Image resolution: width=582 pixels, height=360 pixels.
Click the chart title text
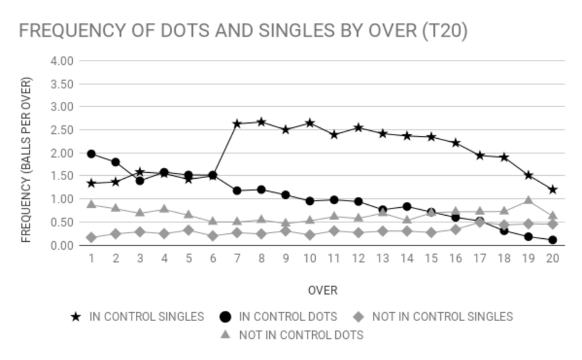(243, 31)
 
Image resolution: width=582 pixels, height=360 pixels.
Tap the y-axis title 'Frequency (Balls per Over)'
(26, 159)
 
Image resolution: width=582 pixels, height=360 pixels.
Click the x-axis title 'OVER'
(323, 290)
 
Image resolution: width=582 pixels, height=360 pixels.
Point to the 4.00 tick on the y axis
(62, 61)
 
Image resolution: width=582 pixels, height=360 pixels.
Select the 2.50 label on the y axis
(62, 130)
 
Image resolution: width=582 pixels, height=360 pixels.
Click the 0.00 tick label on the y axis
(62, 245)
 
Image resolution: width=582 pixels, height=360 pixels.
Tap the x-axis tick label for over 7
(237, 258)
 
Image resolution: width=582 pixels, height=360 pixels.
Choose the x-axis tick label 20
(552, 258)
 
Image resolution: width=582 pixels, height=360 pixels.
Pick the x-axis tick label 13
(383, 258)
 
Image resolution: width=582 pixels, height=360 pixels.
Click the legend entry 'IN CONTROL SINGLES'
(138, 316)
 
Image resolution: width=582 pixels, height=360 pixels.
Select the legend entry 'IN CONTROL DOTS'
(278, 316)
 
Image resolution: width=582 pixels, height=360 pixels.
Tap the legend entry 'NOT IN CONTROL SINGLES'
(433, 316)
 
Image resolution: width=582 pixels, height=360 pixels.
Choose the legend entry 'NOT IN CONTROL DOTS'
(292, 335)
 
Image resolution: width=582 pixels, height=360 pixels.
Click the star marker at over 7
(237, 124)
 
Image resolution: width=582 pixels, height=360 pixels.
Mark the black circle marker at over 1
(92, 154)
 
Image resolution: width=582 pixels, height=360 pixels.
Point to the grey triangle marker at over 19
(528, 201)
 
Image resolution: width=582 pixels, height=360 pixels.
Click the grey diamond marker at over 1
(92, 238)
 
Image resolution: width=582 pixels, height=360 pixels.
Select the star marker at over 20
(552, 190)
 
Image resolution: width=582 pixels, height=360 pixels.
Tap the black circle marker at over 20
(552, 240)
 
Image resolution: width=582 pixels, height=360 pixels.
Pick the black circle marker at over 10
(310, 201)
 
